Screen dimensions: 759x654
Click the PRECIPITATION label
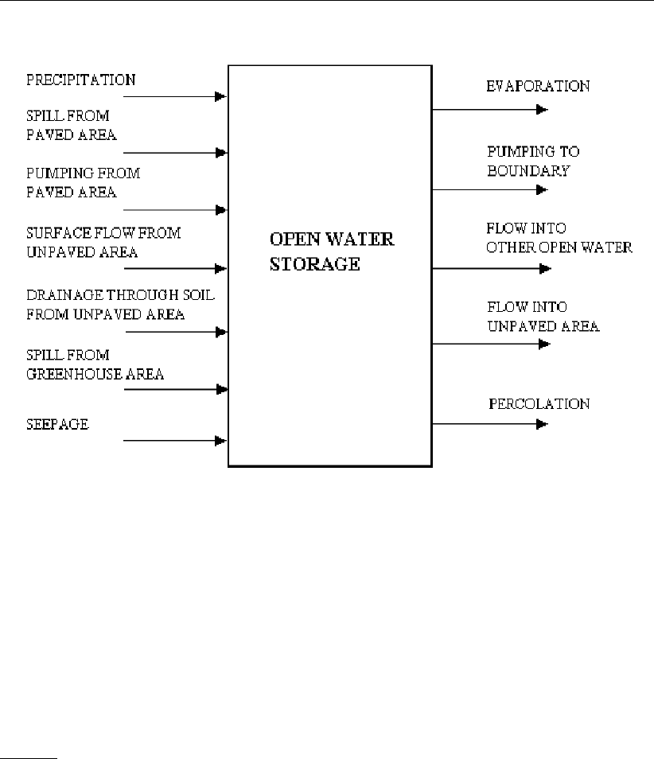80,80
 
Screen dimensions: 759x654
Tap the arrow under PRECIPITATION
176,97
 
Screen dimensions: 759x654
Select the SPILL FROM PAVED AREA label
72,126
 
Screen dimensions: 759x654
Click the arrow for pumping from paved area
176,210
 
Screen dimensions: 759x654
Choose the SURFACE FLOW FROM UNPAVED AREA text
103,241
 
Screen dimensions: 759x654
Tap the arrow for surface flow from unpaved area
176,269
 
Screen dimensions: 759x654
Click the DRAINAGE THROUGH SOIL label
121,304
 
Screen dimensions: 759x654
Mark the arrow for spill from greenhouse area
176,389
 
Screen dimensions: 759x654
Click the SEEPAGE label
56,424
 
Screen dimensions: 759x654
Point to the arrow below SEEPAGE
176,440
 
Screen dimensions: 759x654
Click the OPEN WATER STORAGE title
331,251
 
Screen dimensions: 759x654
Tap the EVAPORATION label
538,86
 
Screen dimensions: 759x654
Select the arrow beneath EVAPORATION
489,110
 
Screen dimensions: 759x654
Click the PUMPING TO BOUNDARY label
528,161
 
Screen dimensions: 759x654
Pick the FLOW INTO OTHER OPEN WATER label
559,237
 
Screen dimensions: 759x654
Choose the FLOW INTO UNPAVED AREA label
543,316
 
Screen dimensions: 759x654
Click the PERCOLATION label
539,403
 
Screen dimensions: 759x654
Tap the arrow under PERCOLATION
489,423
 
